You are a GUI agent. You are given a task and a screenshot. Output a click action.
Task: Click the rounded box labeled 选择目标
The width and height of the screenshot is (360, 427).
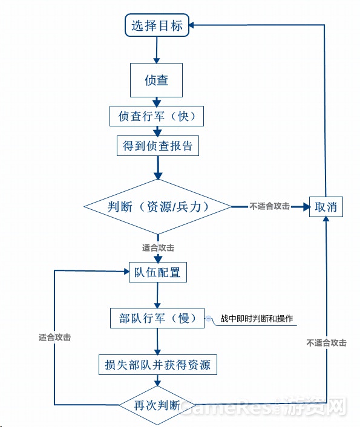click(x=157, y=25)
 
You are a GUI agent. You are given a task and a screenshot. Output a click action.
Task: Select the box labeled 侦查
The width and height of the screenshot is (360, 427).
click(x=157, y=80)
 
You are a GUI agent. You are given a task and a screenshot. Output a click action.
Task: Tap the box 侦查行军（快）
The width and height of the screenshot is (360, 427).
click(x=157, y=116)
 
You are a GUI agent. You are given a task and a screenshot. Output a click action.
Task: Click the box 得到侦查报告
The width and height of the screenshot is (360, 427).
click(x=158, y=146)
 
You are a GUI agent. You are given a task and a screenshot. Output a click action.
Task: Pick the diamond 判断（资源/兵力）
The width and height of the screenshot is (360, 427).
click(x=158, y=207)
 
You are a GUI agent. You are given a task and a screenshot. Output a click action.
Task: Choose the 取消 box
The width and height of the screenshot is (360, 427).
click(x=326, y=207)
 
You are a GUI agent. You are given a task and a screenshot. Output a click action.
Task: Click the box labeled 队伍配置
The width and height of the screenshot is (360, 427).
click(x=158, y=272)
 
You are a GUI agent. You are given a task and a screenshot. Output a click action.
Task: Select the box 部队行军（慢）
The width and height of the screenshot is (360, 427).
click(x=157, y=318)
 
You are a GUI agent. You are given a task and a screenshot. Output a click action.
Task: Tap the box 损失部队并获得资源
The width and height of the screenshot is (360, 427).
click(x=158, y=365)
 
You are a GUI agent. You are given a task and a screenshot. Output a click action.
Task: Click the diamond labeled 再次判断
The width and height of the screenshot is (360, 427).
click(x=157, y=405)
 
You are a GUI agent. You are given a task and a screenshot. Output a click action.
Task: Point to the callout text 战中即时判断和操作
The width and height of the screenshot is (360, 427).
click(x=257, y=318)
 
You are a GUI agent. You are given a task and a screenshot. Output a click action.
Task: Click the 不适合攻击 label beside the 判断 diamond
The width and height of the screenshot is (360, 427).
click(x=269, y=206)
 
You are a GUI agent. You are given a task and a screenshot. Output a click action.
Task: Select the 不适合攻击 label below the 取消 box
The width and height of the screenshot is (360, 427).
click(x=327, y=342)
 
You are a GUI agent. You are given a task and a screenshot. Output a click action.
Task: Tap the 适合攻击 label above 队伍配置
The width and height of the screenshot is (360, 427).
click(x=158, y=248)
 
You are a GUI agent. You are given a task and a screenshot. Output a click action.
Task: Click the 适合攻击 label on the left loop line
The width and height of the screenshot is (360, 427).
click(x=55, y=337)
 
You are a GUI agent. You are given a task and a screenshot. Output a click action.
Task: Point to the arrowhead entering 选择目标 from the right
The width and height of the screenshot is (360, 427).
click(x=191, y=25)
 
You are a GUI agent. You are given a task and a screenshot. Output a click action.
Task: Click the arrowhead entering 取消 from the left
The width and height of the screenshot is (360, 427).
click(x=306, y=207)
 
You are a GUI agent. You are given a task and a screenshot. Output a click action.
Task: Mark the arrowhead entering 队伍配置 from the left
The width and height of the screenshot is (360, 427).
click(x=126, y=272)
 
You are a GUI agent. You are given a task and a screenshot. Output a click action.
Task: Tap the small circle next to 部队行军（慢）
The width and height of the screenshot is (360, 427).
click(x=209, y=318)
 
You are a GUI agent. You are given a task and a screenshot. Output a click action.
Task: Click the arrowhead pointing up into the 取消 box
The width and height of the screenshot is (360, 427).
click(x=326, y=219)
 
